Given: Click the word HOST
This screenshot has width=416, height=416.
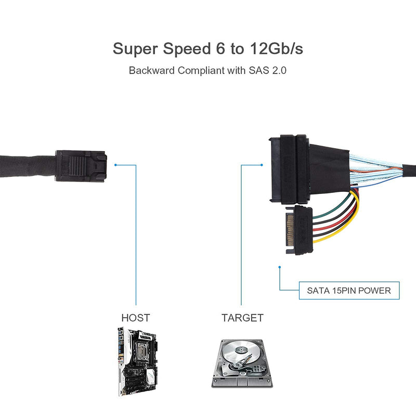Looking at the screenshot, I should (x=136, y=318).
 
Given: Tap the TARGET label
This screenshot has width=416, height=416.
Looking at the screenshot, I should (x=242, y=318).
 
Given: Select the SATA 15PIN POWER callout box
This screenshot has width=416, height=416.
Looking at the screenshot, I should (x=349, y=291).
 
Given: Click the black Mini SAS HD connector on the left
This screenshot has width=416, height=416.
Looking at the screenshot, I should (x=81, y=166).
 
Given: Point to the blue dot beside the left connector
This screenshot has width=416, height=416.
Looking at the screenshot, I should (x=115, y=165).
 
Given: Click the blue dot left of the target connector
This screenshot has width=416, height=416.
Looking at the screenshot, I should (x=261, y=165).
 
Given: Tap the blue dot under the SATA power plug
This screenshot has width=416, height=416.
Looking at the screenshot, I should (x=280, y=268).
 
